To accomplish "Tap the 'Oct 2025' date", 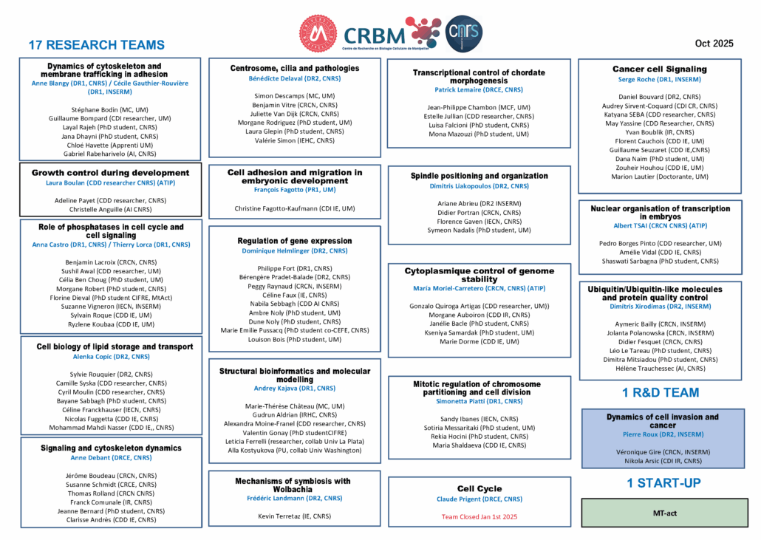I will coord(714,44).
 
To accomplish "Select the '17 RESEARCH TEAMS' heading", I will coord(97,45).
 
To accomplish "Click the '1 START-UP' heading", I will coord(664,483).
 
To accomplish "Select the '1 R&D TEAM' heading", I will coord(661,392).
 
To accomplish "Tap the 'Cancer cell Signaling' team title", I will coord(660,69).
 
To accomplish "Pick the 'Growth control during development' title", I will coord(110,173).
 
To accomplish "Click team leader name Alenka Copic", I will coord(109,357).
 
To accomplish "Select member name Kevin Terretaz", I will coord(294,516).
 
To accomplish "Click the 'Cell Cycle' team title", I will coord(480,488).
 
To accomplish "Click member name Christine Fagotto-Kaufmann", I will coord(295,208).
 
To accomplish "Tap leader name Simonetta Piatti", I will coord(480,401).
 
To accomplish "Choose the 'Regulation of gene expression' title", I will coord(295,241).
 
